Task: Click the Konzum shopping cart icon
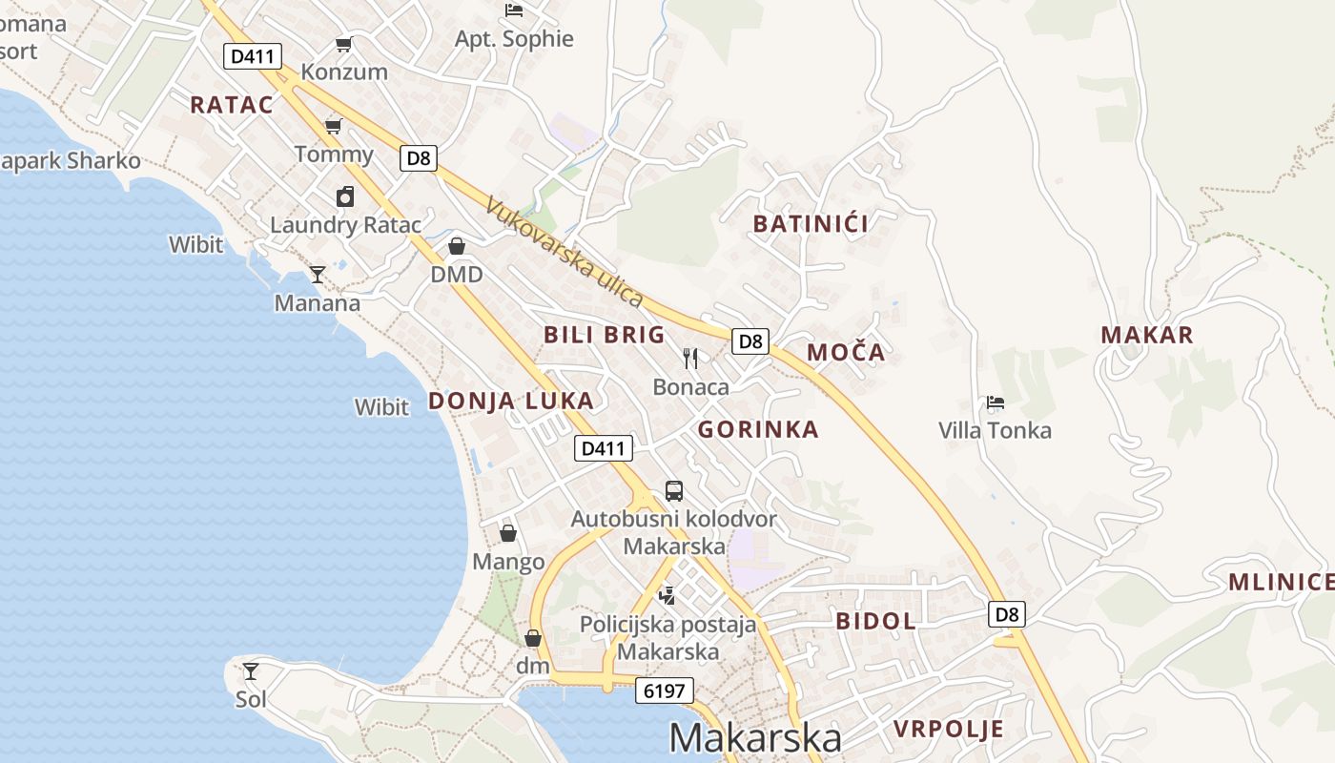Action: click(344, 44)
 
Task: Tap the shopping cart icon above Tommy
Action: click(333, 126)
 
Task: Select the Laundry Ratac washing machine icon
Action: click(345, 196)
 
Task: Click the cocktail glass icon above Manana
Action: click(317, 275)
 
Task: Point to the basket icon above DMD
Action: click(457, 246)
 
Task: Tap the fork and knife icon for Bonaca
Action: click(690, 359)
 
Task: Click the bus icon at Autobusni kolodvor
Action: click(674, 491)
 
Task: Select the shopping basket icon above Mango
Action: click(508, 533)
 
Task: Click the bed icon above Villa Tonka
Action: click(996, 402)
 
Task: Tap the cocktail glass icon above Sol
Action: click(251, 670)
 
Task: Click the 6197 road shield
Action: click(665, 691)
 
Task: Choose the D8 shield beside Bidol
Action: click(1007, 614)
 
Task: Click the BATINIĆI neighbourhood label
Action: click(811, 224)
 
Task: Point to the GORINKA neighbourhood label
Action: click(758, 429)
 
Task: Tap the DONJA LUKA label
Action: click(511, 401)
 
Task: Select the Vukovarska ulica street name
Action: click(565, 252)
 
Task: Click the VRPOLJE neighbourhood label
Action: click(949, 730)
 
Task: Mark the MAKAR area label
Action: click(1147, 335)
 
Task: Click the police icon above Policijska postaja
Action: click(667, 596)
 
